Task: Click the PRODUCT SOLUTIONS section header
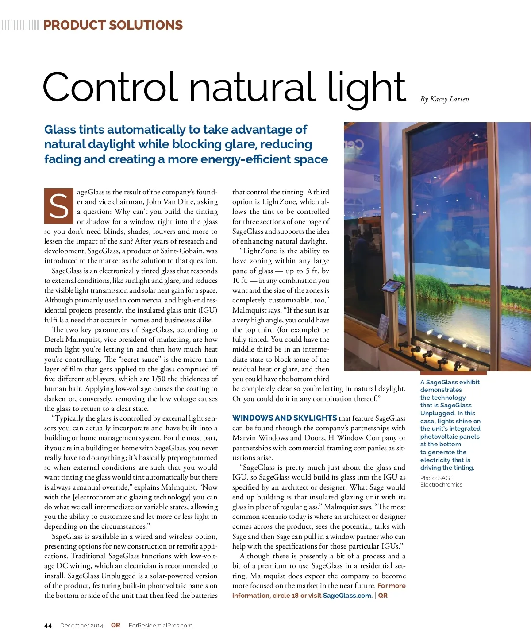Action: click(x=113, y=25)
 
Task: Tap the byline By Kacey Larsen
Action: click(x=444, y=99)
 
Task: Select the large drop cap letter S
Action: click(x=59, y=206)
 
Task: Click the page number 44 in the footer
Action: click(x=48, y=626)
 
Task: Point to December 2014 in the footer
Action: click(x=81, y=626)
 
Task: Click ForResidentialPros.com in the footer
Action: click(x=160, y=626)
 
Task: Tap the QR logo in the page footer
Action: click(x=115, y=625)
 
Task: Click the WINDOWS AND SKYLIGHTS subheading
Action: click(x=285, y=418)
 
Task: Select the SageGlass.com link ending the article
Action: click(x=347, y=596)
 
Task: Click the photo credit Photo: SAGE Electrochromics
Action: click(x=441, y=481)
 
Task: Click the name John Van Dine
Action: click(x=170, y=202)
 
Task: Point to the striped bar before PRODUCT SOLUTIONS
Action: click(x=21, y=25)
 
